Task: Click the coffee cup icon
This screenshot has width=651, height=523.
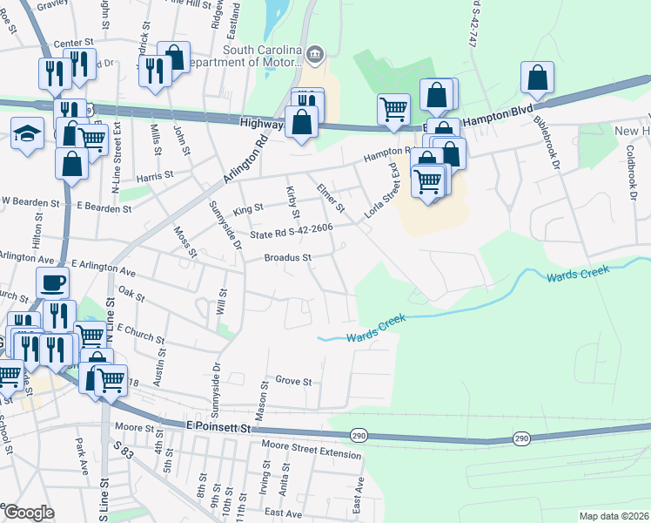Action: point(52,283)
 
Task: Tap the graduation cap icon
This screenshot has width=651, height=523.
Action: point(27,133)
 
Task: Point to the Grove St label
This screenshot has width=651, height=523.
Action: point(293,382)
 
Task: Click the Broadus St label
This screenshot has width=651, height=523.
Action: point(288,258)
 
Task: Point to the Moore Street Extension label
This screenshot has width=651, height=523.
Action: point(311,454)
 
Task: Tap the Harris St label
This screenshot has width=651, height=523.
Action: point(149,176)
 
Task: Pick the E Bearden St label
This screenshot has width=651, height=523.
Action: point(104,208)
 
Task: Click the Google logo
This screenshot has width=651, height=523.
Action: point(29,513)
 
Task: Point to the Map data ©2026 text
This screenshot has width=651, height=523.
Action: point(614,516)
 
